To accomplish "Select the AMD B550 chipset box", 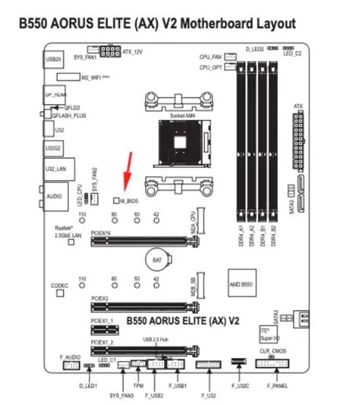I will pos(238,283).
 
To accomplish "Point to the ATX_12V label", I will pos(133,52).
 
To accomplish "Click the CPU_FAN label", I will pos(210,56).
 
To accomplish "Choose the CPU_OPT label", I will pos(210,68).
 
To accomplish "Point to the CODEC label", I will pos(60,285).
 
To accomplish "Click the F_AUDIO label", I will pos(71,356).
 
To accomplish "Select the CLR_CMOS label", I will pos(273,352).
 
